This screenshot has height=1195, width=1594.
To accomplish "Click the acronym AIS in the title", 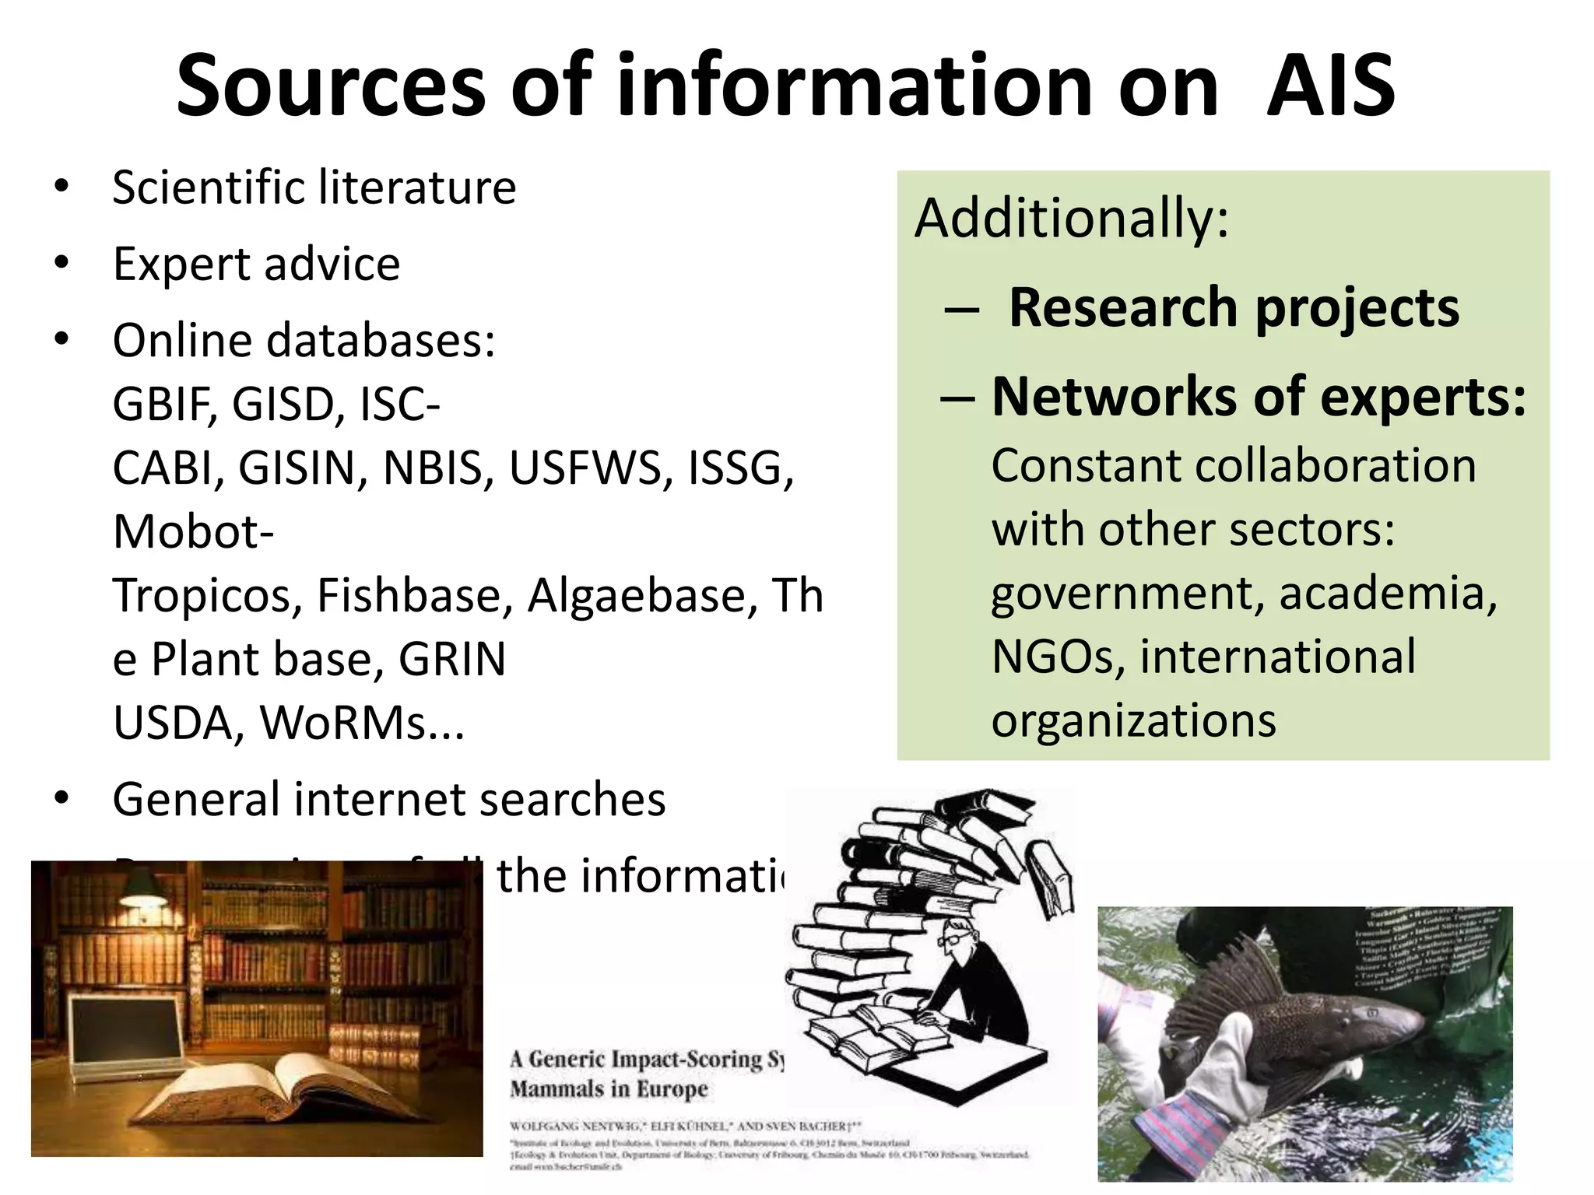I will click(x=1330, y=86).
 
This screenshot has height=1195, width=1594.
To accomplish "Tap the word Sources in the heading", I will click(x=331, y=86).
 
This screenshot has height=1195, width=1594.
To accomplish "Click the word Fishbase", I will click(x=409, y=596).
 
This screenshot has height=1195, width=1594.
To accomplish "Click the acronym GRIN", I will click(x=452, y=660).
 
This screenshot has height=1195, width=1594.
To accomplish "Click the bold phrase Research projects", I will click(x=1234, y=308).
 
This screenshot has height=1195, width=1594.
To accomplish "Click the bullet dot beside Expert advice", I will click(x=61, y=263).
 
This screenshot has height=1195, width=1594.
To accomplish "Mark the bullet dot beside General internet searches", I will click(x=61, y=798).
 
